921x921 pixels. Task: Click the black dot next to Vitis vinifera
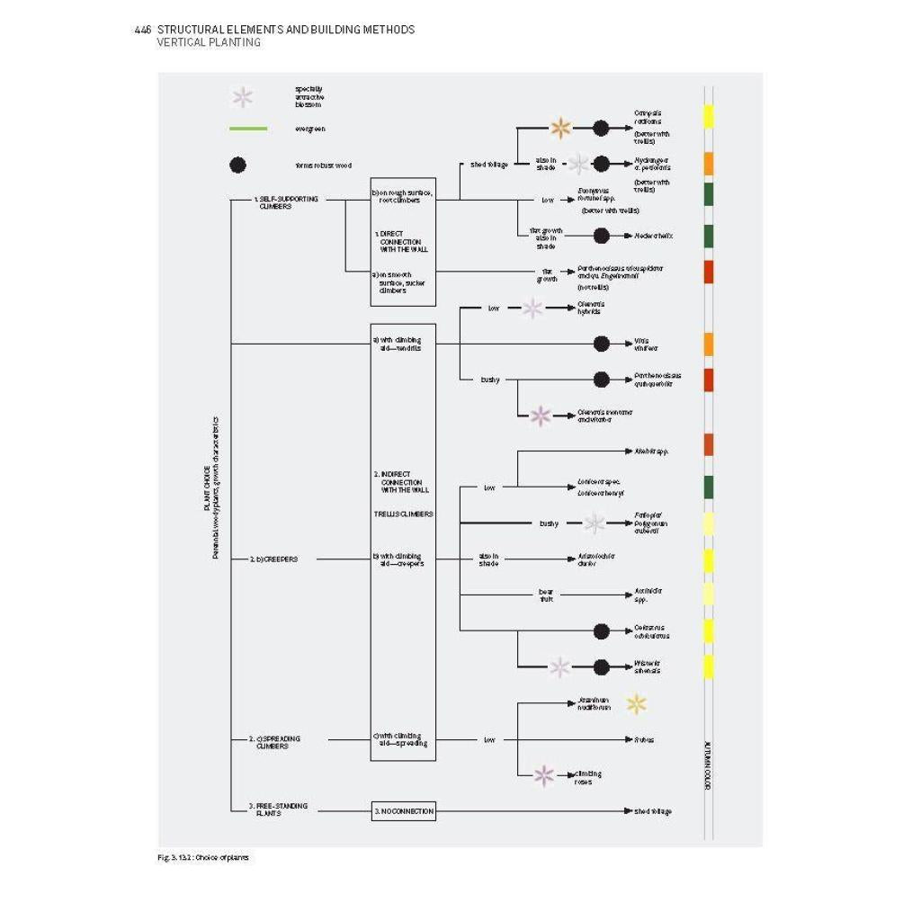602,344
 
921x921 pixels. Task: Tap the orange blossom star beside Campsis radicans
561,128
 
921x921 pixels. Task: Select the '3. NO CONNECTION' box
404,811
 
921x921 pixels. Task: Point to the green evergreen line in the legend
248,129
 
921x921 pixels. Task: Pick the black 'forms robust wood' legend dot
237,165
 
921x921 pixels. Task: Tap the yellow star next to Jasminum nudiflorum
637,704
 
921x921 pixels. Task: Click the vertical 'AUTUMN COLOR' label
708,765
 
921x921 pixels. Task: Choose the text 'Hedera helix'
653,236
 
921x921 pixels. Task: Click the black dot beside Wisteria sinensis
602,667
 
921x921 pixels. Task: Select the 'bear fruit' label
546,595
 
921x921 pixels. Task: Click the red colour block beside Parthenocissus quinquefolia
709,380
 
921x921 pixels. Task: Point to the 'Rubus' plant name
644,740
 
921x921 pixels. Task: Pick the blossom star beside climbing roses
543,775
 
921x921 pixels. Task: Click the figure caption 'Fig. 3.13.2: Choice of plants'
203,857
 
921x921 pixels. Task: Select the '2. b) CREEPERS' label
273,559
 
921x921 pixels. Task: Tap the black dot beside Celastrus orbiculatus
602,631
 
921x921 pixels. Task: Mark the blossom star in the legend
243,97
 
